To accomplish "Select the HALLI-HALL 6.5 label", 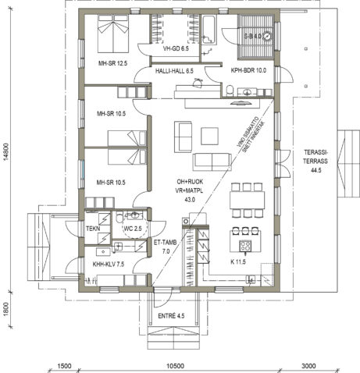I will point(174,71).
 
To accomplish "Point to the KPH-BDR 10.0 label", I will point(248,71).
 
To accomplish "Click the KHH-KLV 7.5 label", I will point(109,265).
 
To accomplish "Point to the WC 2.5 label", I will point(133,228).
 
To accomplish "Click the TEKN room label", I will point(94,229).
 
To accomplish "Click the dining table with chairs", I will point(248,201).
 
